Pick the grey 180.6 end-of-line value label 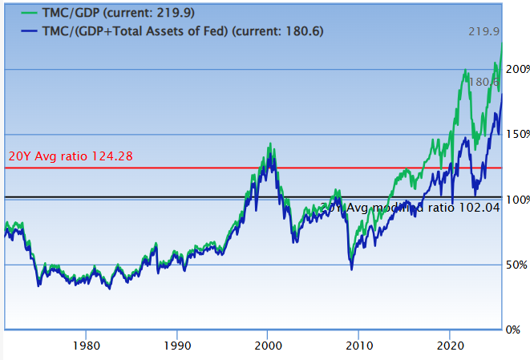tap(483, 82)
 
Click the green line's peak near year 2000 tap(270, 144)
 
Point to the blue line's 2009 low tap(351, 269)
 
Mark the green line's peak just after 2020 tap(466, 71)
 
